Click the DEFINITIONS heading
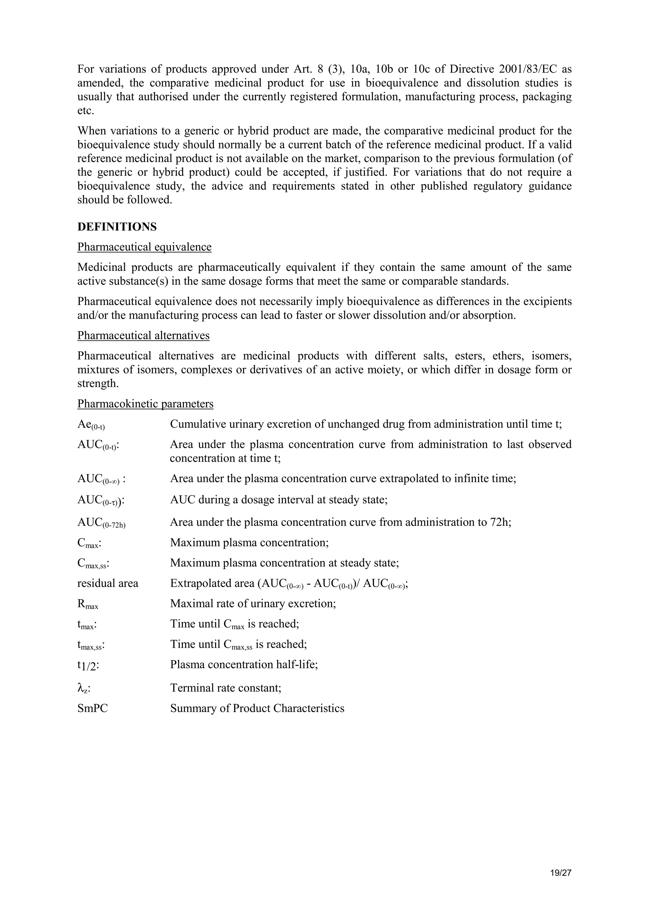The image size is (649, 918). [117, 227]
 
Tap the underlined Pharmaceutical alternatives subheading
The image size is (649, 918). [143, 335]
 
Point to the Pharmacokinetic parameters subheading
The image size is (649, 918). [145, 404]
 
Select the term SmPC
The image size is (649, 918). [92, 709]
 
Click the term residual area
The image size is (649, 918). [107, 583]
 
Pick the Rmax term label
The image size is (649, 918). [87, 604]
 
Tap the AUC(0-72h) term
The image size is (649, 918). [101, 523]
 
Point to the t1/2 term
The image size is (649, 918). [88, 666]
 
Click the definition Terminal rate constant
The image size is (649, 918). [226, 688]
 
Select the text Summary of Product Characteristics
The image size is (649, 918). [257, 709]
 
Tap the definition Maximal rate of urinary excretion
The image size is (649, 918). [253, 603]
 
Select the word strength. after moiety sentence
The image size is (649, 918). [98, 384]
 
